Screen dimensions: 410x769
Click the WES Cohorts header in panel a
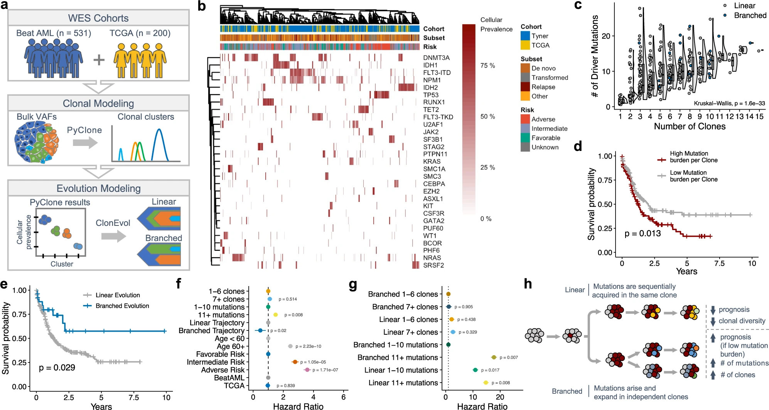coord(98,18)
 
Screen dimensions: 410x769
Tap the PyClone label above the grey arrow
coord(84,130)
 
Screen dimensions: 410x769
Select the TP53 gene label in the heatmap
coord(430,95)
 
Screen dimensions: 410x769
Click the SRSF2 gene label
coord(433,265)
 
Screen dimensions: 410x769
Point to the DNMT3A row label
coord(436,58)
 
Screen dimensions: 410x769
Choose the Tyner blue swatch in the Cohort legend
coord(525,36)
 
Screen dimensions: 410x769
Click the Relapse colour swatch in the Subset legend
coord(525,87)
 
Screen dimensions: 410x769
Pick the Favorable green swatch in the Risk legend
coord(525,138)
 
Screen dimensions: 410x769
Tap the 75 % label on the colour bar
coord(487,66)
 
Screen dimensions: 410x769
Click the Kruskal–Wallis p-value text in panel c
coord(729,103)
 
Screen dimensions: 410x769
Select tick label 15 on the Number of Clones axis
coord(759,117)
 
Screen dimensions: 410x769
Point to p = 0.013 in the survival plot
coord(643,234)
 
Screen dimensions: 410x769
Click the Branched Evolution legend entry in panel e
coord(122,306)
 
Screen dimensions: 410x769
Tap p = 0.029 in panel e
coord(57,368)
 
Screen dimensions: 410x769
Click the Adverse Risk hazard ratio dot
coord(307,370)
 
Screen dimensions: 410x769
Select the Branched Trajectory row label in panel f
coord(211,330)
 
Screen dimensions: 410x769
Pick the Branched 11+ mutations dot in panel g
coord(494,357)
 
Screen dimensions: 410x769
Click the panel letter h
coord(528,284)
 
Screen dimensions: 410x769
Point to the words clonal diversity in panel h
coord(742,321)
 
